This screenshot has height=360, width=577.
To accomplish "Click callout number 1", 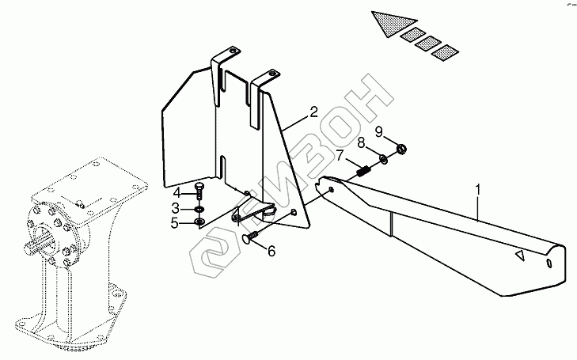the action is pos(478,190).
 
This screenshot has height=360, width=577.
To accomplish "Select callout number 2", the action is pos(313,112).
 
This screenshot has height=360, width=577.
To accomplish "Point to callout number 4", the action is pos(177,193).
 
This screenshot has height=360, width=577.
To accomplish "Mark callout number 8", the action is pos(359,143).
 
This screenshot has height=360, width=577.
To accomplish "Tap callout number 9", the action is pos(378,131).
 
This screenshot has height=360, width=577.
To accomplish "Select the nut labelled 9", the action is pos(400,147).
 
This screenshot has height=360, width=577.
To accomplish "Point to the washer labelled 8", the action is pos(384,158).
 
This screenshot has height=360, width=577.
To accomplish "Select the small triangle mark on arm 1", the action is pos(519,255).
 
